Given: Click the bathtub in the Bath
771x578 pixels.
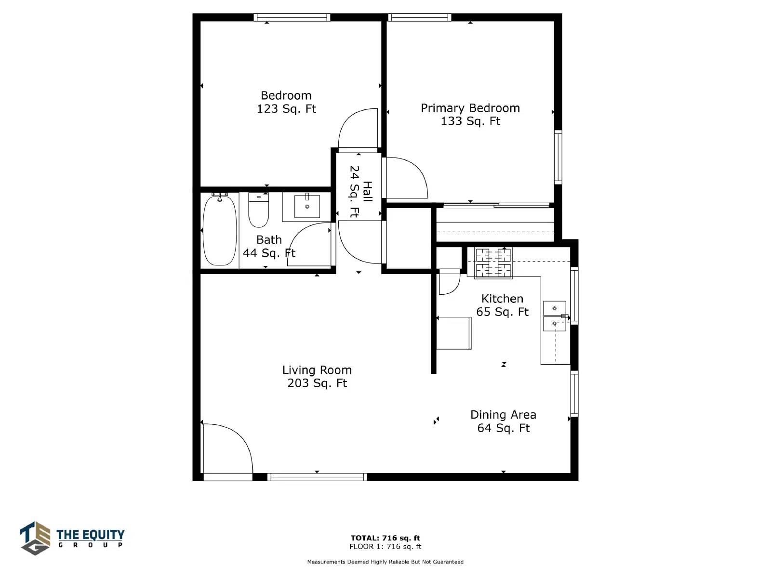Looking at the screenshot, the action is click(220, 231).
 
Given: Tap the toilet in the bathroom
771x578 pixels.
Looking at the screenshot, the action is click(258, 210).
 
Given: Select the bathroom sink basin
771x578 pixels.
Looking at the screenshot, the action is click(307, 206).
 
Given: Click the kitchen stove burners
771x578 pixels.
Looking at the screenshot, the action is click(493, 263).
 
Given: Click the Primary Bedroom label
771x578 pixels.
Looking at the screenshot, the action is click(470, 108).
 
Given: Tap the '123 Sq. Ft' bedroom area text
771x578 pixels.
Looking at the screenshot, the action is click(286, 109).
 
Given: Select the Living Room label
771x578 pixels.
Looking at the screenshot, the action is click(317, 370).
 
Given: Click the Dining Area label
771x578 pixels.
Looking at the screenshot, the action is click(503, 415).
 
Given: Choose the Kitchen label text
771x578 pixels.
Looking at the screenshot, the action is click(502, 299).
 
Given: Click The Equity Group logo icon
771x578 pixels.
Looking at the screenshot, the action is click(35, 538).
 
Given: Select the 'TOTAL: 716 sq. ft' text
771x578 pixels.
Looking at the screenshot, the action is click(385, 538).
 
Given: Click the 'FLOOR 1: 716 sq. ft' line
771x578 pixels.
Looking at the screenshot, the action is click(385, 546).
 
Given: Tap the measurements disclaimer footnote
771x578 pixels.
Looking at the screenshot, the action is click(385, 562).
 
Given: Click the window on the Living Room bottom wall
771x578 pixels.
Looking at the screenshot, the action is click(317, 477).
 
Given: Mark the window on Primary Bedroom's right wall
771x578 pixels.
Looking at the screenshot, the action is click(558, 157).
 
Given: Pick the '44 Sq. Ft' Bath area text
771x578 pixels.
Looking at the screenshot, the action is click(269, 253).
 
